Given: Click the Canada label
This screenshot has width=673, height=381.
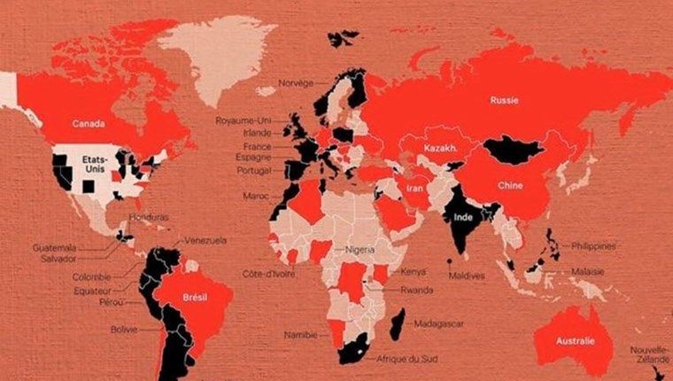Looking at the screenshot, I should click(x=89, y=123).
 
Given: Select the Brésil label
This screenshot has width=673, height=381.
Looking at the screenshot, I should click(x=194, y=298).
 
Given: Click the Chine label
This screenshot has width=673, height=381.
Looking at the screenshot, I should click(x=513, y=187).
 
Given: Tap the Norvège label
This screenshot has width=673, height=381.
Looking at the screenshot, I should click(x=296, y=83).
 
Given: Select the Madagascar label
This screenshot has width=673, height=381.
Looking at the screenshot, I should click(x=438, y=324).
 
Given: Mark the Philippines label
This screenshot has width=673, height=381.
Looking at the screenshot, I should click(x=593, y=245).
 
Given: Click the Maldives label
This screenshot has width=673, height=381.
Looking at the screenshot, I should click(x=467, y=276).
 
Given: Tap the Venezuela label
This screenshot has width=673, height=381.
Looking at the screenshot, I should click(x=205, y=240).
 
